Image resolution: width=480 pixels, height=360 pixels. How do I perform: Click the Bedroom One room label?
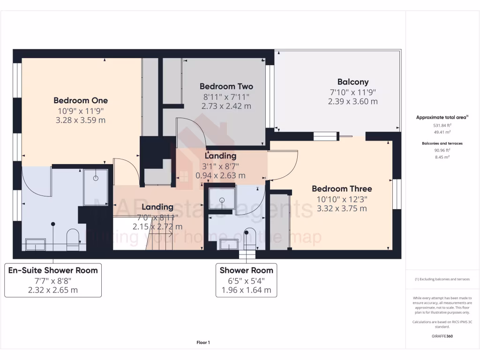click(81, 100)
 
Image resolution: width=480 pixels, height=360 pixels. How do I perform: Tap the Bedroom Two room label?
click(226, 86)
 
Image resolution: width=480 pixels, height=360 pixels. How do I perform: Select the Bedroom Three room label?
click(342, 189)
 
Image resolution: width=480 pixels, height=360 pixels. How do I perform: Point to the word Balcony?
click(352, 82)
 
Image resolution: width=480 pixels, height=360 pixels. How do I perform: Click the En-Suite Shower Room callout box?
click(52, 280)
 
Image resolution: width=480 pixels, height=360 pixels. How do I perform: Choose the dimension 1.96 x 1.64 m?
click(246, 290)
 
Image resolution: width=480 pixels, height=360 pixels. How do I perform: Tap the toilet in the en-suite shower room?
click(73, 238)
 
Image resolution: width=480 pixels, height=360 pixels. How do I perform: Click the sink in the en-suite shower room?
click(35, 244)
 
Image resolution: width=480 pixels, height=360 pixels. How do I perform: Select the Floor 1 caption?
click(203, 343)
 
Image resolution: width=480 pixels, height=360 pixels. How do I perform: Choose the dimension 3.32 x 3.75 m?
click(342, 209)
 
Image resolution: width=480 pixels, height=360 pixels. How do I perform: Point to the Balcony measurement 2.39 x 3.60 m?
click(352, 101)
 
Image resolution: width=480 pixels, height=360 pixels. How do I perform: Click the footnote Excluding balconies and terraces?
click(442, 279)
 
